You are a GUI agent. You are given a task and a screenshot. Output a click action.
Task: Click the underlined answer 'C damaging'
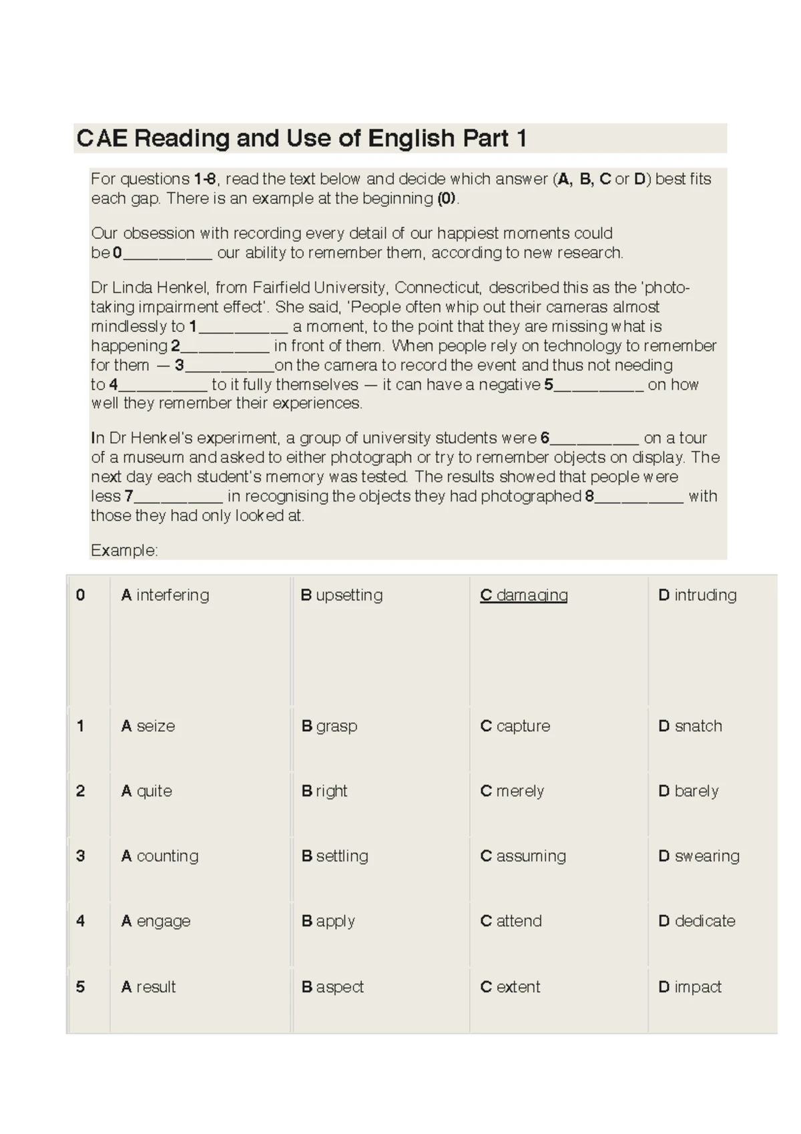pyautogui.click(x=523, y=595)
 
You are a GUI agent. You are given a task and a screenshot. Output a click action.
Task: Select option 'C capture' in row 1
pyautogui.click(x=515, y=726)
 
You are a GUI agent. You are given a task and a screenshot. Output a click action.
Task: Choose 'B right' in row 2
pyautogui.click(x=324, y=791)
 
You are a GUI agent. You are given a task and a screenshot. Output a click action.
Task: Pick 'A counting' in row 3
pyautogui.click(x=160, y=856)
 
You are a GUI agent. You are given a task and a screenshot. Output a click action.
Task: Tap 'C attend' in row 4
pyautogui.click(x=511, y=921)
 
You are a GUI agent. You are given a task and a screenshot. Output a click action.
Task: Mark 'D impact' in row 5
pyautogui.click(x=690, y=987)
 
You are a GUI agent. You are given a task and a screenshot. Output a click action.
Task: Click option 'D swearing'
pyautogui.click(x=699, y=856)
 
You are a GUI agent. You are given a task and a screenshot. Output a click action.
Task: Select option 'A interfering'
pyautogui.click(x=165, y=595)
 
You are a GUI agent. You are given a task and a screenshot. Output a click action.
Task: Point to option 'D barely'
pyautogui.click(x=688, y=791)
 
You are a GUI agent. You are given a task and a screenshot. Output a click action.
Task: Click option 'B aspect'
pyautogui.click(x=332, y=987)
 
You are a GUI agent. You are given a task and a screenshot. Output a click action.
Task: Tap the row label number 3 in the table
pyautogui.click(x=81, y=856)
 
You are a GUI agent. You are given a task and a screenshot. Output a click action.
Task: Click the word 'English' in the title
pyautogui.click(x=411, y=138)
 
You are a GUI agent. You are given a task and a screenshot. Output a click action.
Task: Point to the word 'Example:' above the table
pyautogui.click(x=124, y=550)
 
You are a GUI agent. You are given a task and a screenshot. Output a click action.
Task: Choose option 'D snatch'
pyautogui.click(x=690, y=726)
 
